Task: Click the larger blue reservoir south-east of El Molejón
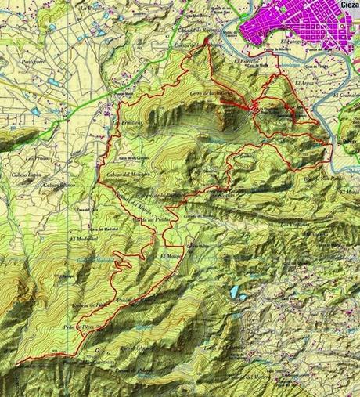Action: [x=235, y=292]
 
